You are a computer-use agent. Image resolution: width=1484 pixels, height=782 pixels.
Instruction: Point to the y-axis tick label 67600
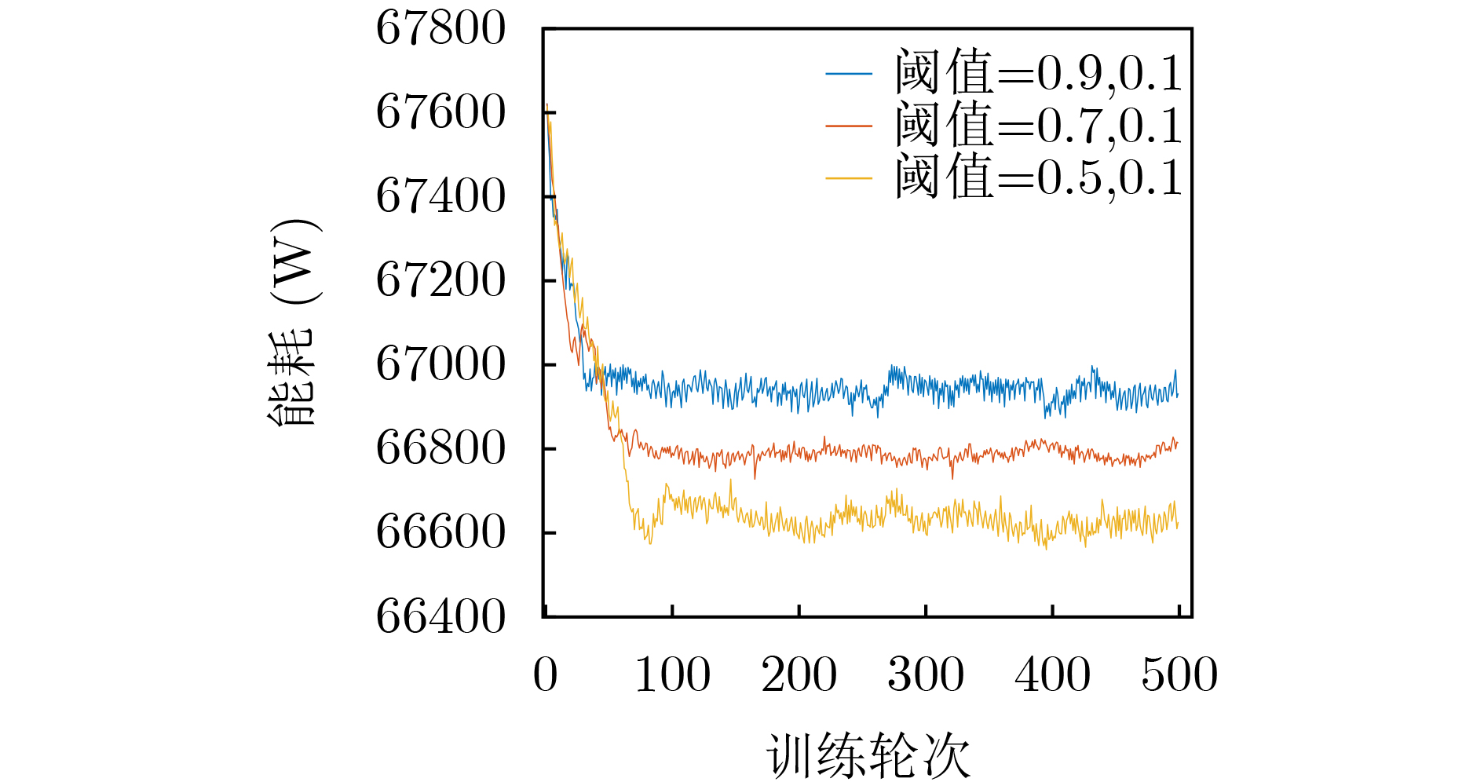(440, 112)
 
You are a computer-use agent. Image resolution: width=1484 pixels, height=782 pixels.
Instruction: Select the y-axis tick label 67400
(440, 196)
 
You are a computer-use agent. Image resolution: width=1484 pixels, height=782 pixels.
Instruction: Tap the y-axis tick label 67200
(440, 280)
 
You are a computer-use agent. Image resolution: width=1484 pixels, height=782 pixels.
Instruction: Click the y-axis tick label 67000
(440, 364)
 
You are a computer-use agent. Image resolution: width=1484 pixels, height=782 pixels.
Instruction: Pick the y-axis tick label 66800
(440, 448)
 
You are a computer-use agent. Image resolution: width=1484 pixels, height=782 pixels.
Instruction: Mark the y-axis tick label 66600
(440, 532)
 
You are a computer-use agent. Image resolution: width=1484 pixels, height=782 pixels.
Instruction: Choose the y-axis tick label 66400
(440, 616)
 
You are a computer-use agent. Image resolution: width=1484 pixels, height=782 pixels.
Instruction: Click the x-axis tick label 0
(546, 675)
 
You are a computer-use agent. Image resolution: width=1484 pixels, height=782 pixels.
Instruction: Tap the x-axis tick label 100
(672, 675)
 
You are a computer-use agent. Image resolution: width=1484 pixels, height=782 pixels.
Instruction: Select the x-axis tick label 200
(799, 675)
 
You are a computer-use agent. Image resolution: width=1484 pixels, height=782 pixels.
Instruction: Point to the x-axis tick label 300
(926, 675)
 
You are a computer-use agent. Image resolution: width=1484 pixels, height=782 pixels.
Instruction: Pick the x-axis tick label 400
(1053, 675)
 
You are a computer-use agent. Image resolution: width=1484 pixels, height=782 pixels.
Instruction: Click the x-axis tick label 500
(1179, 675)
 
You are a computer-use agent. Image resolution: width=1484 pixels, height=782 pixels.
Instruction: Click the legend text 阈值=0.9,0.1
(1038, 73)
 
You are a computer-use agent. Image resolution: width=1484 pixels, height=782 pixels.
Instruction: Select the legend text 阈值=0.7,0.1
(1038, 126)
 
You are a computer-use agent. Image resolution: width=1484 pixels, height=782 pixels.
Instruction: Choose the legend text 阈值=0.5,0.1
(1038, 177)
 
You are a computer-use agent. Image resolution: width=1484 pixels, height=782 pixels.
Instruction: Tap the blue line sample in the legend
(849, 74)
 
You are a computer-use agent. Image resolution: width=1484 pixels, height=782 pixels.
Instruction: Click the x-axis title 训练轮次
(868, 757)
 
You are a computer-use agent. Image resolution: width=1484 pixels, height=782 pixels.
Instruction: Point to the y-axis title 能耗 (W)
(292, 322)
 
